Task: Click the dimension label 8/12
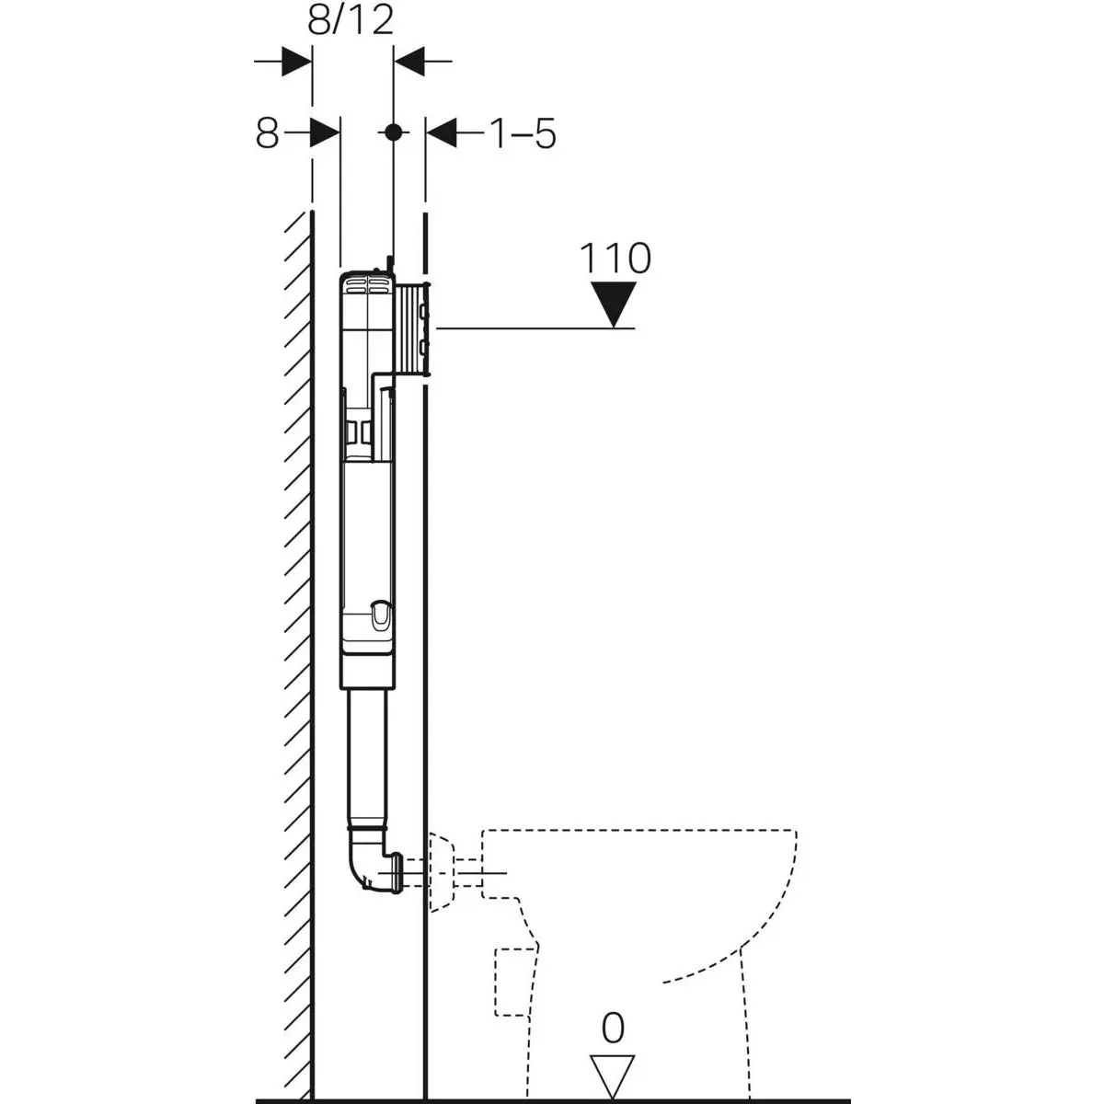point(351,19)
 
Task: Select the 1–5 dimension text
point(522,134)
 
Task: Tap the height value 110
point(615,259)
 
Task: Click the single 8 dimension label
point(267,134)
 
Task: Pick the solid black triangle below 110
point(614,305)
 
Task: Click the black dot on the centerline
point(393,132)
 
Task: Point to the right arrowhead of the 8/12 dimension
point(409,63)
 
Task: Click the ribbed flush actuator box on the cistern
point(415,328)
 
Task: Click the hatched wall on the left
point(294,644)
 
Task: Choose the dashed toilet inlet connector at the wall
point(447,869)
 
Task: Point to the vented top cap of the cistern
point(366,282)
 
